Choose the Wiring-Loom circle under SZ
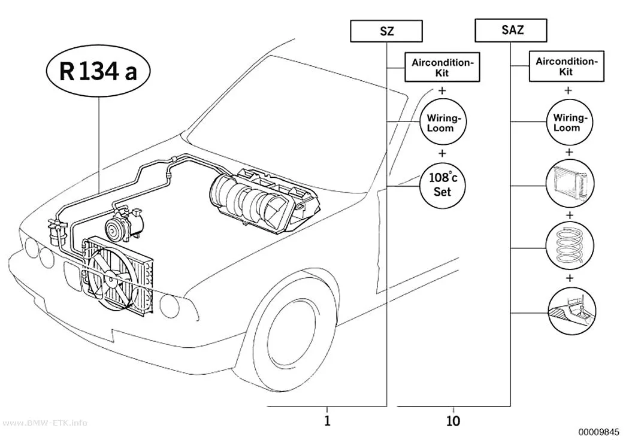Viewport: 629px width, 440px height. coord(443,122)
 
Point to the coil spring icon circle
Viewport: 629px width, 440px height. coord(570,245)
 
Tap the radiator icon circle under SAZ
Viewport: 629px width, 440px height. coord(570,184)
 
